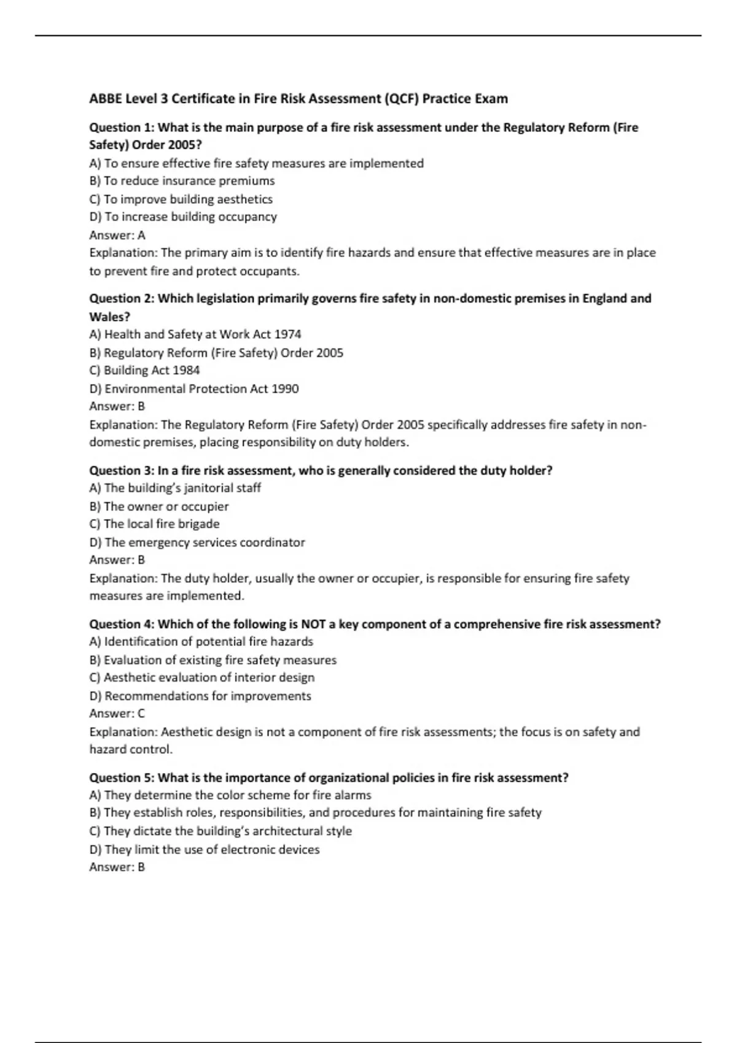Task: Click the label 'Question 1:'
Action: point(122,128)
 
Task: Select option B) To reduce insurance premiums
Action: point(182,181)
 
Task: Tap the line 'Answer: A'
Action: point(117,235)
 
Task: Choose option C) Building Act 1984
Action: point(144,371)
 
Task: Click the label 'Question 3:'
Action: point(122,471)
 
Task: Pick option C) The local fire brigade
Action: point(154,524)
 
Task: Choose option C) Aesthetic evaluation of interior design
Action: point(201,678)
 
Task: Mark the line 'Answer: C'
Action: point(117,714)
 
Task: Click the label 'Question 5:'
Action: point(122,778)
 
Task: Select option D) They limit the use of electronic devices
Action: point(205,850)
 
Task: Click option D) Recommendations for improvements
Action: point(200,696)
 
